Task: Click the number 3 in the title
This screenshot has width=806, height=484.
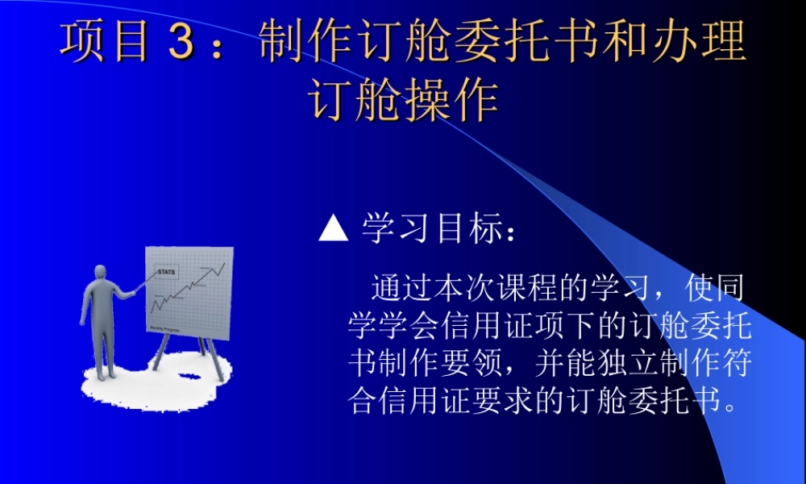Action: point(186,43)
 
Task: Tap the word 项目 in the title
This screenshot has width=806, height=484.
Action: point(106,43)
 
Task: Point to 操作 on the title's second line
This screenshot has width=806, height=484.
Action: point(451,101)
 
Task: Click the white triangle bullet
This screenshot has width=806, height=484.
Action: point(333,230)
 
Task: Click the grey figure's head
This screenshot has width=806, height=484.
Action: point(101,273)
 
